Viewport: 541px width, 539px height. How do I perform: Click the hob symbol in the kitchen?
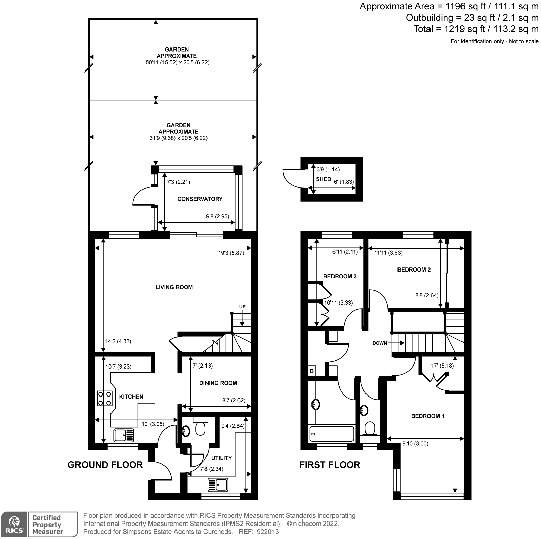click(x=104, y=398)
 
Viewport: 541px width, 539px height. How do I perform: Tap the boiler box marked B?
click(x=312, y=371)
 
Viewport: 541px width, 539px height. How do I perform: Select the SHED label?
click(x=323, y=179)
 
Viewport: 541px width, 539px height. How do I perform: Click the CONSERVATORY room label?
click(x=200, y=199)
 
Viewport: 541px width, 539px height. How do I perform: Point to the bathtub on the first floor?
click(x=332, y=434)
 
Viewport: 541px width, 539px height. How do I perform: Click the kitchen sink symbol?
click(x=124, y=435)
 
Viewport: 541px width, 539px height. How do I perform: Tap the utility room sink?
click(x=218, y=485)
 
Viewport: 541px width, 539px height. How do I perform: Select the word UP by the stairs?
click(x=242, y=307)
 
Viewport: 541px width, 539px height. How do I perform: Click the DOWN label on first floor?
click(x=380, y=343)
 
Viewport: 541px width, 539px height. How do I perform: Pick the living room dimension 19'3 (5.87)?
click(x=231, y=253)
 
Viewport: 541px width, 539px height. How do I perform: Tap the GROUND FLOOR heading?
click(x=105, y=465)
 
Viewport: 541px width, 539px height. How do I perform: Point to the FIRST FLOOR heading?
click(x=329, y=465)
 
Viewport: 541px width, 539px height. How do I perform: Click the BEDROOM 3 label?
click(x=340, y=276)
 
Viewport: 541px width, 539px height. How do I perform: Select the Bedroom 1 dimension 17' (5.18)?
click(x=442, y=366)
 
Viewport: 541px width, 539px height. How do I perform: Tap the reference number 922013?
click(x=268, y=532)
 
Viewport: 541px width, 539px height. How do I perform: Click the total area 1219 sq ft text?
click(x=476, y=29)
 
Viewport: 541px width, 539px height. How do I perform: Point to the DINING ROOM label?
click(x=218, y=383)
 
